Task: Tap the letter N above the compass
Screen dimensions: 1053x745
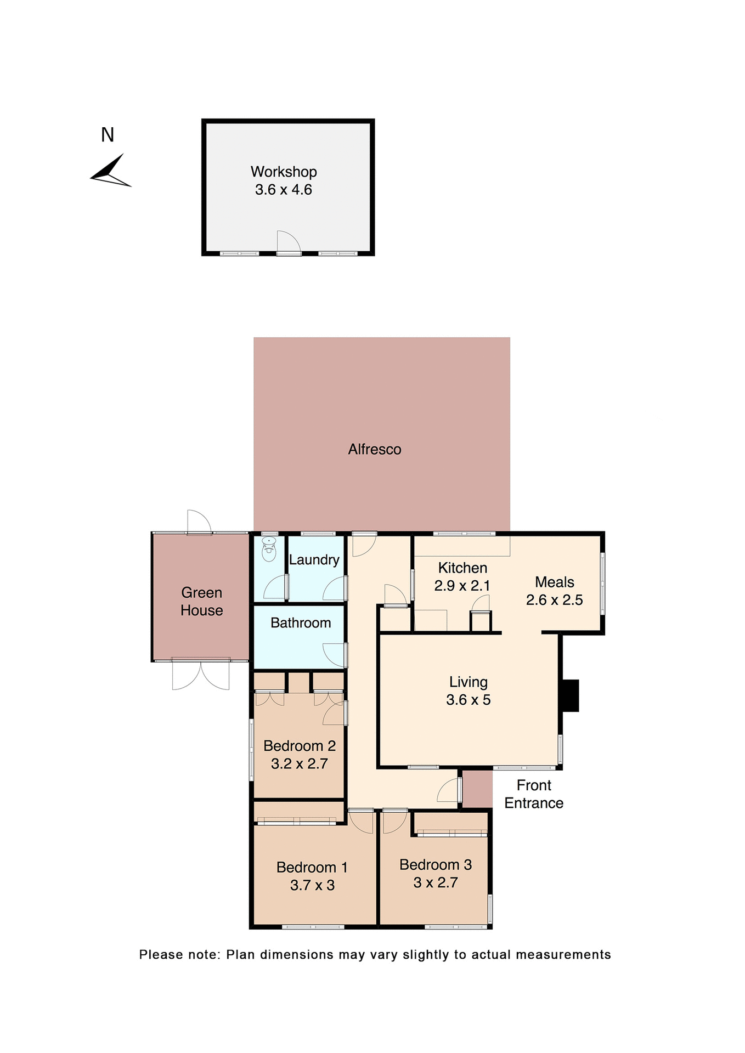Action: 108,135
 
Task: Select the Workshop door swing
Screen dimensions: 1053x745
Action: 287,242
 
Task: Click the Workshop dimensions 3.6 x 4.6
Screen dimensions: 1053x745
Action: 283,190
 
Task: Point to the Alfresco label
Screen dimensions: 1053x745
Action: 375,449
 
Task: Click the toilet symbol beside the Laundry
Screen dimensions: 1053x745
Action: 269,550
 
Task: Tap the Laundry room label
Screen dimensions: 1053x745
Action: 314,560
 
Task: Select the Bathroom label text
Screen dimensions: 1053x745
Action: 301,623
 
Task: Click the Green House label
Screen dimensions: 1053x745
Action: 201,602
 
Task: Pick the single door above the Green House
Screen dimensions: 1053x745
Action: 199,522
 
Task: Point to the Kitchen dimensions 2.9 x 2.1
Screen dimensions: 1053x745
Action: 462,586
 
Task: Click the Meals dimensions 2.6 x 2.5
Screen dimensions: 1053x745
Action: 554,600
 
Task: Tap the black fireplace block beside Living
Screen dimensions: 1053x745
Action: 571,695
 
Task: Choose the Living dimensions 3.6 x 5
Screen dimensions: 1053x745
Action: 468,700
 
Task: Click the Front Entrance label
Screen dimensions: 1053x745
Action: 534,794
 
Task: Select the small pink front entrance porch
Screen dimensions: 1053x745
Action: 477,789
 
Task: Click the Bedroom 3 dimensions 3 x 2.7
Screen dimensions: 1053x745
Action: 435,883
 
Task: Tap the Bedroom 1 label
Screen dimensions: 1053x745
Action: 312,868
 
